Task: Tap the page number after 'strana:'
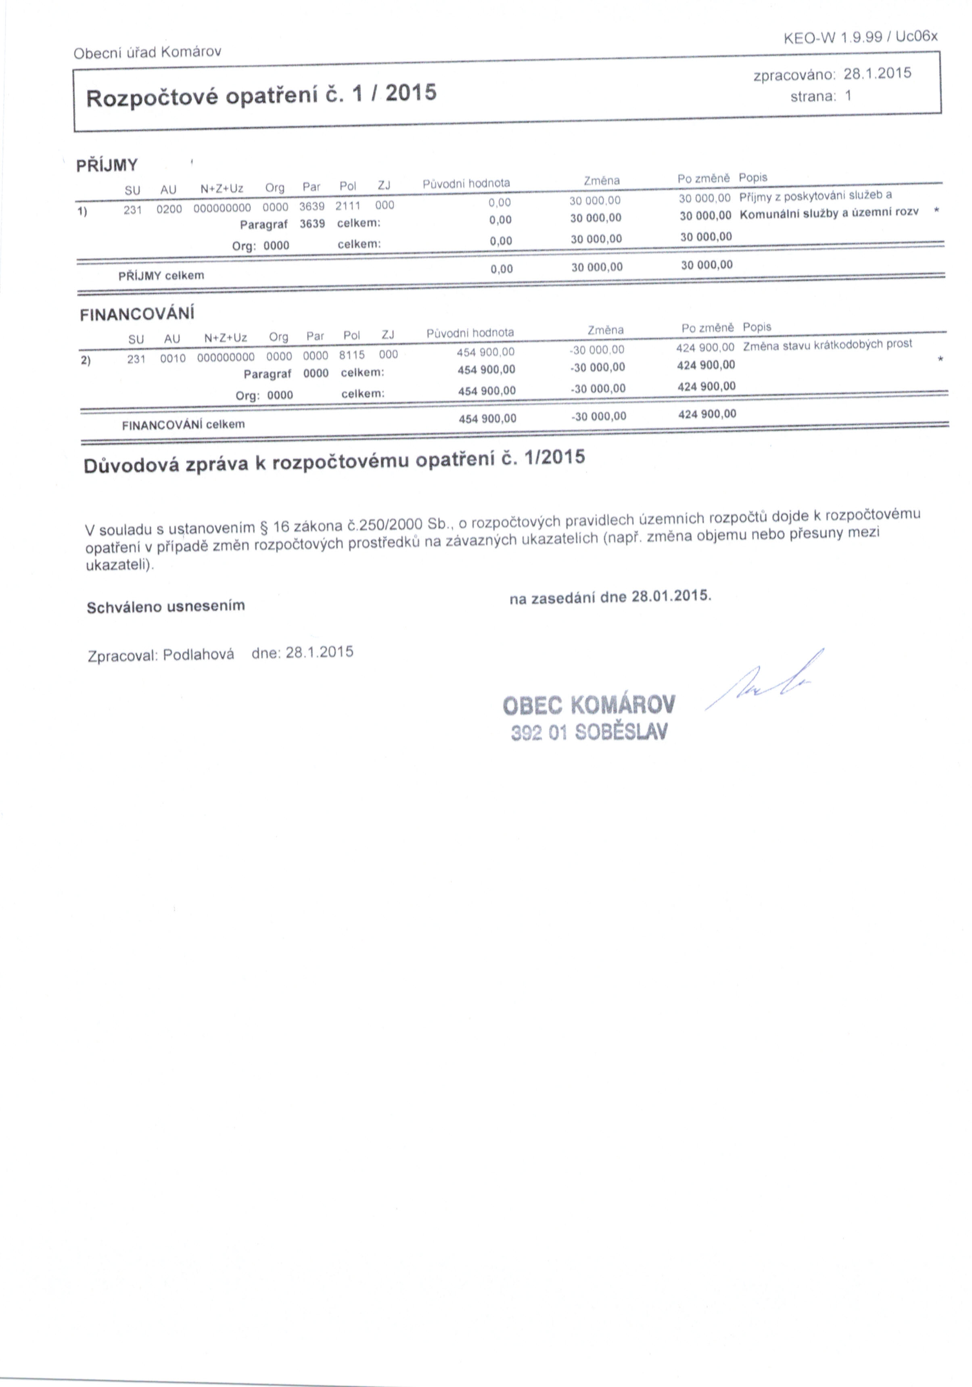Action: (848, 96)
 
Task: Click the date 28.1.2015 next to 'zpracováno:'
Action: (877, 74)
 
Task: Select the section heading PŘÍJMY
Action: (107, 165)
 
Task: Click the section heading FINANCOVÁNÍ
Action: (137, 314)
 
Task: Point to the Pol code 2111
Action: (348, 205)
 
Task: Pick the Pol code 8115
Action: (351, 355)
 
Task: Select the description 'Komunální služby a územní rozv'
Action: (829, 213)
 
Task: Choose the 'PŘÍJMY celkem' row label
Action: (161, 276)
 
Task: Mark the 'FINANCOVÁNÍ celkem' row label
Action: (183, 425)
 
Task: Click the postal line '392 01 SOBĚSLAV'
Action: (589, 732)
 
